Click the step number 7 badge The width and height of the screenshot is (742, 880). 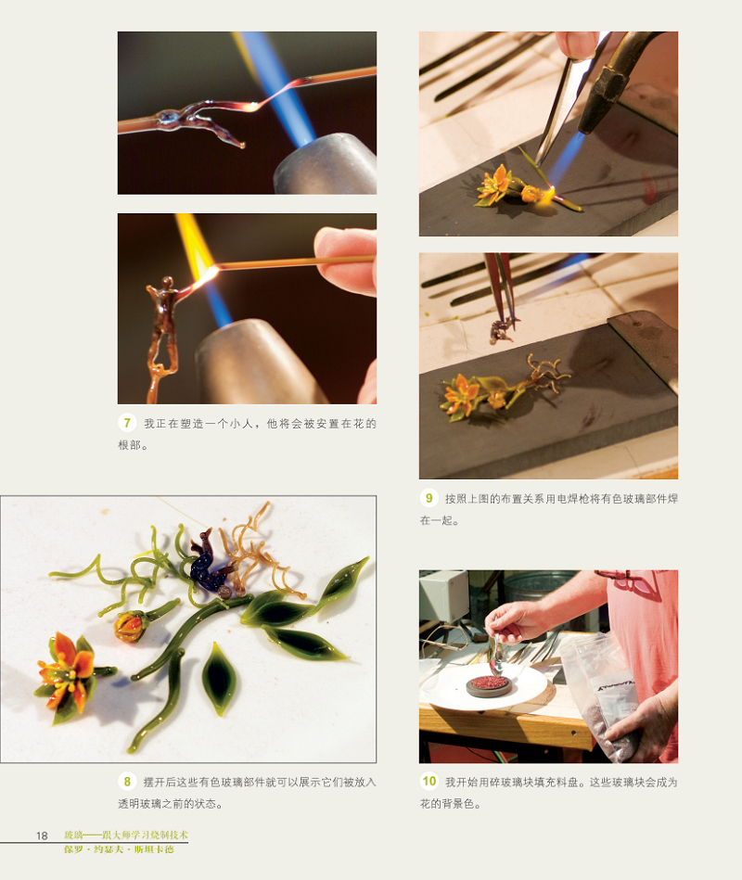point(129,423)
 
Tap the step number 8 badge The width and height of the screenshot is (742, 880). point(129,782)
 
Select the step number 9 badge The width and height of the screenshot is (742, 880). point(429,498)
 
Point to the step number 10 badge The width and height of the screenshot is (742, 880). point(429,782)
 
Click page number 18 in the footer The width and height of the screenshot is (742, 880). point(42,835)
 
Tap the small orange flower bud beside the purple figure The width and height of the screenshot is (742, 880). point(129,625)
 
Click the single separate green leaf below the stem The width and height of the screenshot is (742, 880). point(220,678)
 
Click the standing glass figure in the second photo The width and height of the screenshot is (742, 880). point(163,325)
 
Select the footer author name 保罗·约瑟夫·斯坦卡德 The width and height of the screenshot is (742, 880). point(118,848)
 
